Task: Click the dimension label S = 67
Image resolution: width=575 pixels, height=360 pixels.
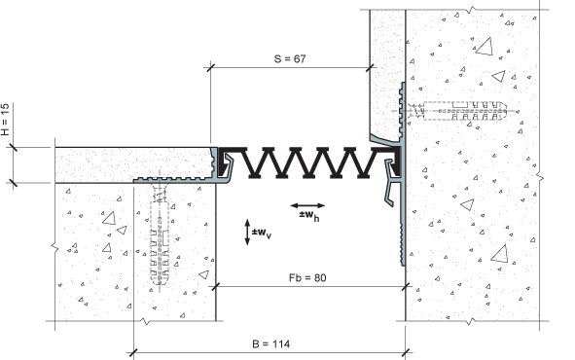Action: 290,58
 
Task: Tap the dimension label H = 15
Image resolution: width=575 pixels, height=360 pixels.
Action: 5,119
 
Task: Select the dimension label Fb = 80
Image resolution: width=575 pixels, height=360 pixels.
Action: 307,277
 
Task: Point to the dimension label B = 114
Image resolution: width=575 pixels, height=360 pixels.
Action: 271,343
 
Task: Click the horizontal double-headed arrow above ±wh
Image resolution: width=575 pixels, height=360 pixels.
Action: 307,205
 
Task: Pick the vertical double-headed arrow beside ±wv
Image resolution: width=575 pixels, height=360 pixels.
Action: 247,233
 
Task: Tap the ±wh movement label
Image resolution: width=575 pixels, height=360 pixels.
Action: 309,215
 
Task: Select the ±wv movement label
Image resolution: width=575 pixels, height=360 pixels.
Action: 262,234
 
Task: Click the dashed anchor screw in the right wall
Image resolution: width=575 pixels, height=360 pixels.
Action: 457,110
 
